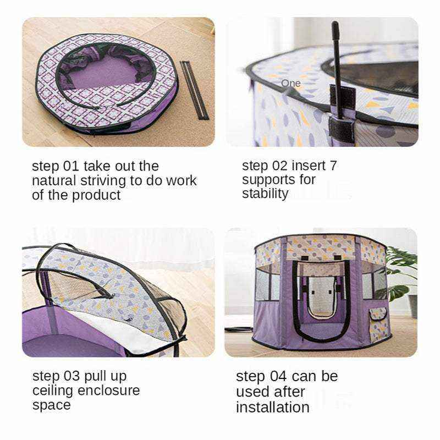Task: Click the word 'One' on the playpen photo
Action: (291, 84)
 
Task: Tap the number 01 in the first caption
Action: (71, 166)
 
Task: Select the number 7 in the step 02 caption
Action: (333, 166)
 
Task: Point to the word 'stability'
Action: (265, 194)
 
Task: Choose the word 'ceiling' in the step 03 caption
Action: (52, 391)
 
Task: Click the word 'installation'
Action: (272, 407)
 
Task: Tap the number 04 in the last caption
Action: (278, 376)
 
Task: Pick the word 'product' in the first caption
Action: (96, 196)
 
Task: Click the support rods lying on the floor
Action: (194, 90)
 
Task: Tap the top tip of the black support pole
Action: (335, 22)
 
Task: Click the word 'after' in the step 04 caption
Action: (289, 392)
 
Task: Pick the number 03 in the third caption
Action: (71, 376)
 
